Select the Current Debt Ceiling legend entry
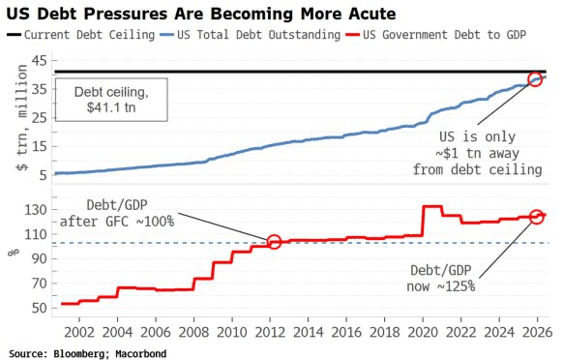pos(81,35)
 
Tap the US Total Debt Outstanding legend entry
pos(250,35)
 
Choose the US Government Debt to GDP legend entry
pos(435,35)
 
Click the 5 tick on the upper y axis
pos(44,175)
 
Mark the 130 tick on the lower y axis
pos(35,210)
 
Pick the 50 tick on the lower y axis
pos(39,308)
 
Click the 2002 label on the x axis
pos(79,332)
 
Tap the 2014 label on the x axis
pos(308,332)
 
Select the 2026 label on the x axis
pos(537,332)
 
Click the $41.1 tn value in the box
pos(111,107)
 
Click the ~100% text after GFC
pos(155,221)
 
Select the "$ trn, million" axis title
pos(21,117)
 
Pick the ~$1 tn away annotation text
pos(477,153)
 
